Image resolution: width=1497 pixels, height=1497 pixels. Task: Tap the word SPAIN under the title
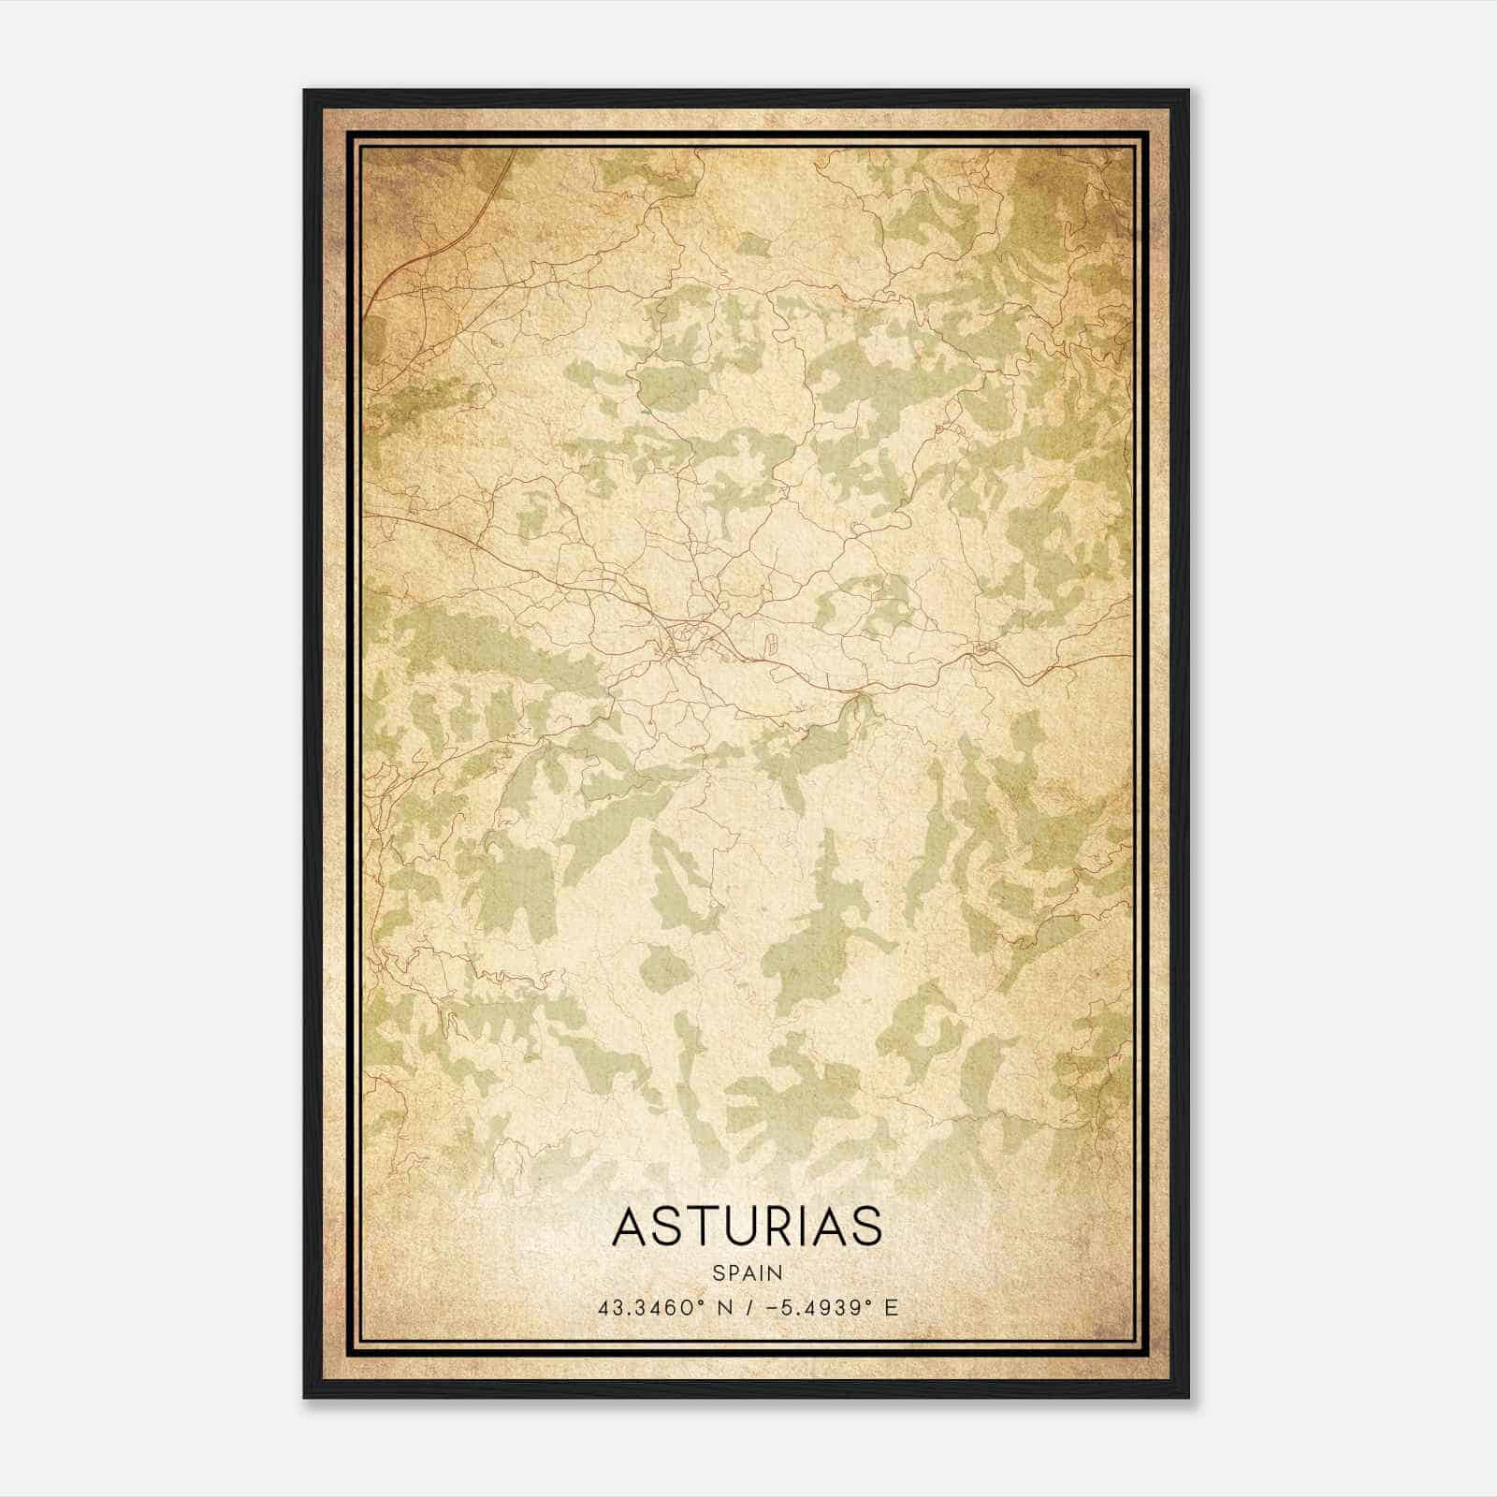coord(747,1272)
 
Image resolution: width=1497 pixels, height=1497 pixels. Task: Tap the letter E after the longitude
coord(891,1307)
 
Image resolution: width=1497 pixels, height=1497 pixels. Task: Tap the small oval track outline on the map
coord(769,643)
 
